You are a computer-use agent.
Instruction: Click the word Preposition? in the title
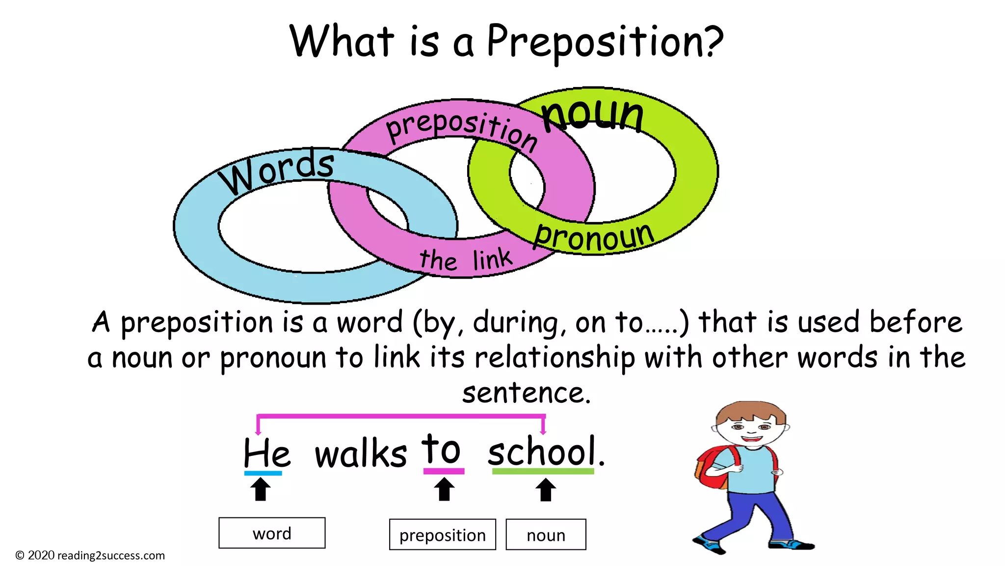[605, 42]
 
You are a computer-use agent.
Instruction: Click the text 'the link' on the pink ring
[466, 259]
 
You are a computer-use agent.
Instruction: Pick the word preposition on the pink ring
[461, 127]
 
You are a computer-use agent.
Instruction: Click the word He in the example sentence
[266, 453]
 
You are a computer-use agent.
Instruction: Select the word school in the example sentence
[542, 451]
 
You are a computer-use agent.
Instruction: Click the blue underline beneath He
[263, 473]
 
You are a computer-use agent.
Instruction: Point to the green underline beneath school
[543, 471]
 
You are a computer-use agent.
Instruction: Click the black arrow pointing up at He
[261, 489]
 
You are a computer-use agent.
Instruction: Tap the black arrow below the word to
[445, 489]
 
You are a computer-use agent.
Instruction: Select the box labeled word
[272, 533]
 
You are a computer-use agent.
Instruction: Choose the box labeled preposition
[442, 535]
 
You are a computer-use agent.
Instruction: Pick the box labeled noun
[546, 535]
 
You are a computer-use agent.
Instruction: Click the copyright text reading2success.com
[90, 556]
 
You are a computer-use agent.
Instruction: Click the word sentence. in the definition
[526, 393]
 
